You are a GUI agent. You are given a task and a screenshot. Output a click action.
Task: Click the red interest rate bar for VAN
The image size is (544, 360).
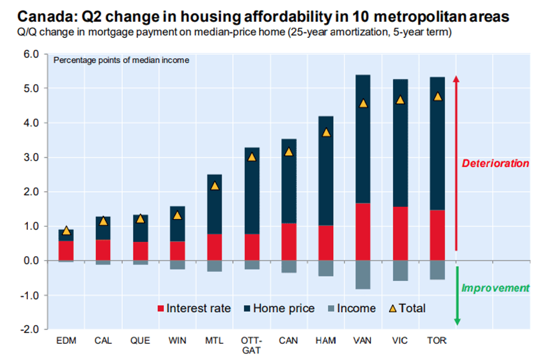click(363, 232)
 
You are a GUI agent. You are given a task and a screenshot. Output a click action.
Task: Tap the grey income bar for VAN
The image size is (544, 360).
click(363, 274)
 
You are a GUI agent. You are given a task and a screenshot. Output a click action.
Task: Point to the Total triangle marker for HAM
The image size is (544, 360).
click(326, 133)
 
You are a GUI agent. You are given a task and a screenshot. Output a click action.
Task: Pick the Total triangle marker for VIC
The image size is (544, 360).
click(400, 100)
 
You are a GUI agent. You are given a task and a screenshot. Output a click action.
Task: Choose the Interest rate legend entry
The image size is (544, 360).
click(194, 308)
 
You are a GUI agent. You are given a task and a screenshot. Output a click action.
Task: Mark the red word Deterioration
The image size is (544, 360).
click(495, 163)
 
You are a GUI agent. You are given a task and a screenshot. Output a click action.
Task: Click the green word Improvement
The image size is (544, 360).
click(495, 288)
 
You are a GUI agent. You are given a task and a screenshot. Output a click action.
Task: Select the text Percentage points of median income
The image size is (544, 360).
click(121, 60)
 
